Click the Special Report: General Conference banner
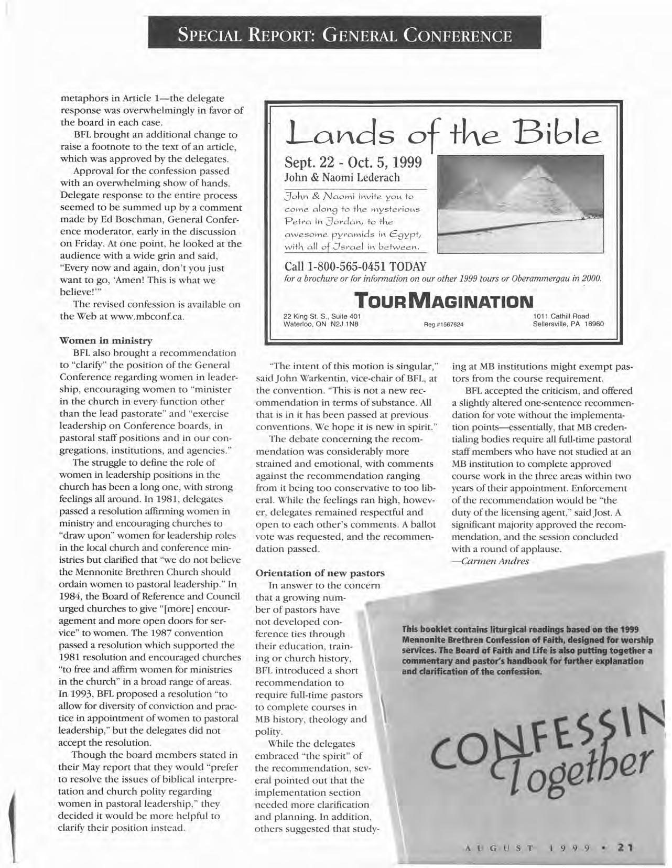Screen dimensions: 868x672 [344, 36]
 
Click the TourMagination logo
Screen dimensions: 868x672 [443, 301]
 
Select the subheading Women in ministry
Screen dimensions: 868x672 [106, 341]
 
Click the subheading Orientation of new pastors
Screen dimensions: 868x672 [320, 573]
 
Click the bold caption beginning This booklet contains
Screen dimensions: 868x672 [527, 650]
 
